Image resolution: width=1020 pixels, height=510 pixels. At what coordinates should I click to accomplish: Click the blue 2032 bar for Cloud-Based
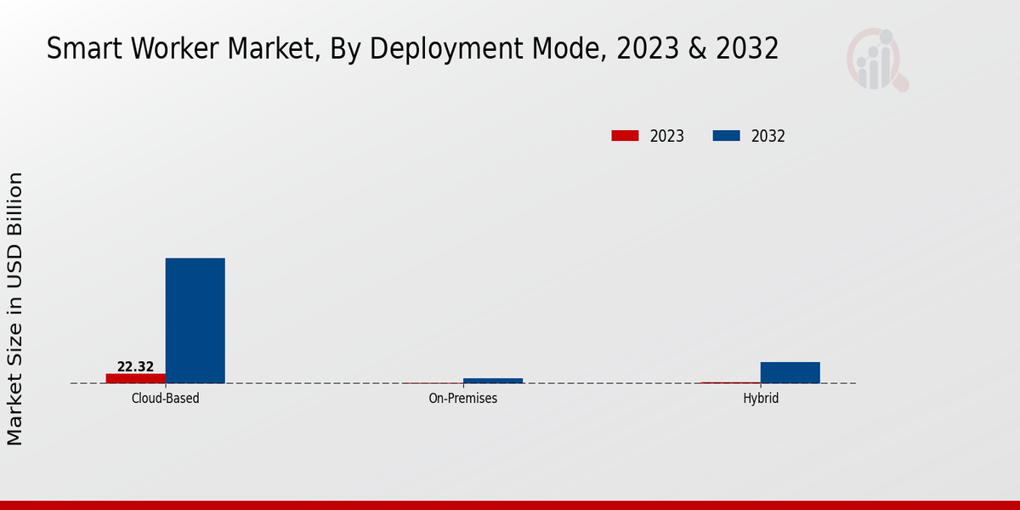[195, 320]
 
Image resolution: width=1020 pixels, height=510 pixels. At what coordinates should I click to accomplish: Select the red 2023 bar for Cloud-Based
[135, 378]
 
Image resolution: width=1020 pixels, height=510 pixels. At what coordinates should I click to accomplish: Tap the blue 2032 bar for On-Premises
[493, 381]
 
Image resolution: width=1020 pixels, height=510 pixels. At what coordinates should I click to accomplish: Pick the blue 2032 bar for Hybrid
[790, 372]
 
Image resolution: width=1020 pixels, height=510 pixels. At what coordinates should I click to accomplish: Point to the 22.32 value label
[135, 367]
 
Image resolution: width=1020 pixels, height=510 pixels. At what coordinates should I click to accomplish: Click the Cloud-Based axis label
[166, 398]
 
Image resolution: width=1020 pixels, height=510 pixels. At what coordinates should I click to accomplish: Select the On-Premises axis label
[463, 398]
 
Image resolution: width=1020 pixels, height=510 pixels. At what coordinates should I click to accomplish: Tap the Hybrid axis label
[761, 398]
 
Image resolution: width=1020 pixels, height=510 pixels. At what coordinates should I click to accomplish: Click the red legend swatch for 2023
[625, 136]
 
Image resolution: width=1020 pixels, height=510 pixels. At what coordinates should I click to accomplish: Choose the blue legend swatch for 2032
[726, 136]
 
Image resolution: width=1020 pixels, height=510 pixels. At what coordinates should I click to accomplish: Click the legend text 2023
[667, 136]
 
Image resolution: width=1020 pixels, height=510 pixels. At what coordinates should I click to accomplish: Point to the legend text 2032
[768, 136]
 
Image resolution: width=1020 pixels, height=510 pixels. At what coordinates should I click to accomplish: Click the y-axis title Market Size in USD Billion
[15, 309]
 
